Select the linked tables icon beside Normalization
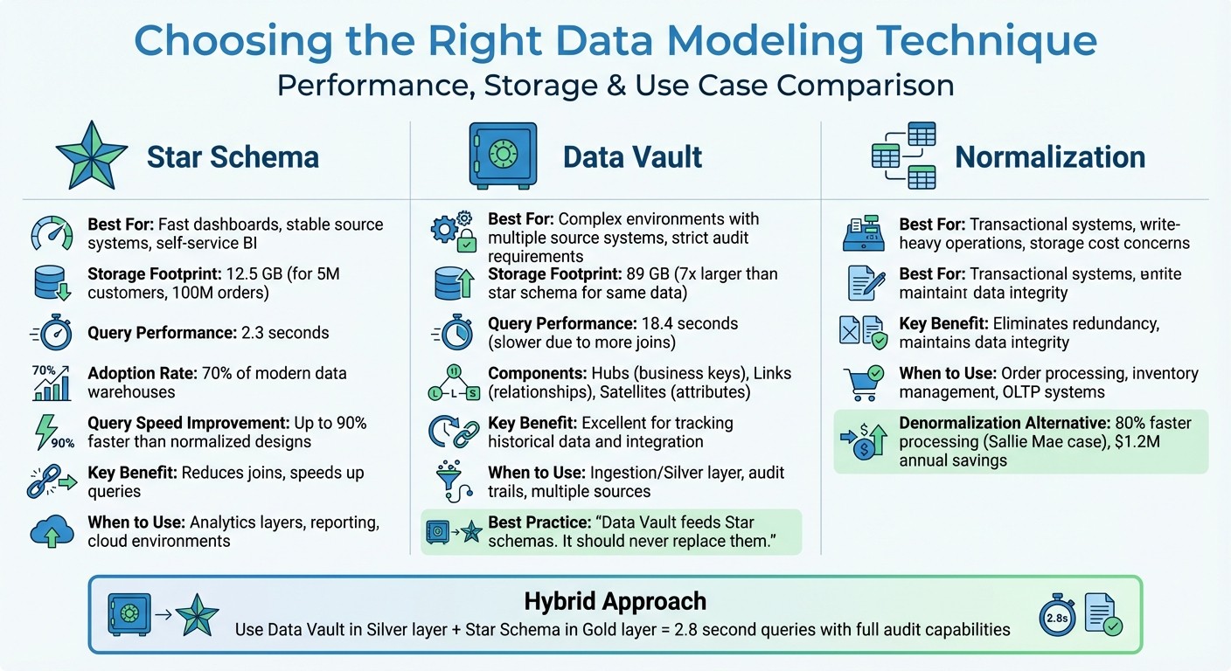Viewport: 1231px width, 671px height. pos(904,156)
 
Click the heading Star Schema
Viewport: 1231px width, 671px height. pos(233,157)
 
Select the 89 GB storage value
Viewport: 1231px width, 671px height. pos(648,274)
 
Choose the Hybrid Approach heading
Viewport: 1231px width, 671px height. pos(615,601)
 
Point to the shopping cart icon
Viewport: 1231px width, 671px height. pos(862,383)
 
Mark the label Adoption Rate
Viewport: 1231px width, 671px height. pos(144,373)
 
